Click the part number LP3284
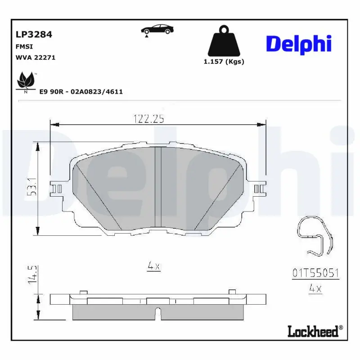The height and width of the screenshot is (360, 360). tap(34, 34)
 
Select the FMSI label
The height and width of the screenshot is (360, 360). tap(24, 46)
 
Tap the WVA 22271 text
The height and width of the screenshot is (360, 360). tap(36, 58)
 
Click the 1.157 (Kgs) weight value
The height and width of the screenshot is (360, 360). tap(224, 62)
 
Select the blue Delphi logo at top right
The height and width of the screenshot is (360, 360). tap(299, 44)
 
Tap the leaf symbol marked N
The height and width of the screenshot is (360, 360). tap(26, 82)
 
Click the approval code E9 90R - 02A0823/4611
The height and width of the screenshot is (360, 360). tap(81, 91)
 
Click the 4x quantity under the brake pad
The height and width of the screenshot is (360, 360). tap(154, 266)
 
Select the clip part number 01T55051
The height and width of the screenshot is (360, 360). tap(315, 273)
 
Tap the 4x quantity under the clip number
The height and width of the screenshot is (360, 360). tap(315, 289)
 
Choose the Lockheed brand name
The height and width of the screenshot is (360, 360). tap(312, 332)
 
